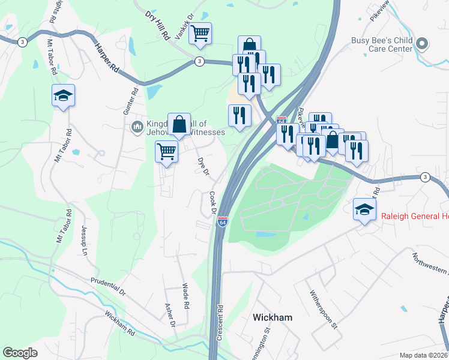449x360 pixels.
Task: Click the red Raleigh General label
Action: [411, 217]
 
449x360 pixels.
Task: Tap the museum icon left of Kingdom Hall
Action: [136, 127]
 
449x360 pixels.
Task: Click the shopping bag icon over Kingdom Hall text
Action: [179, 124]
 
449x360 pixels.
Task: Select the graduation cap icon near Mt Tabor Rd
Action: [63, 96]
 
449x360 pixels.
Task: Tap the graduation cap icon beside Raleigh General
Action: [364, 209]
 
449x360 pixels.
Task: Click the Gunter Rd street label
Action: [134, 102]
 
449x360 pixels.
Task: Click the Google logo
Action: [20, 353]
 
